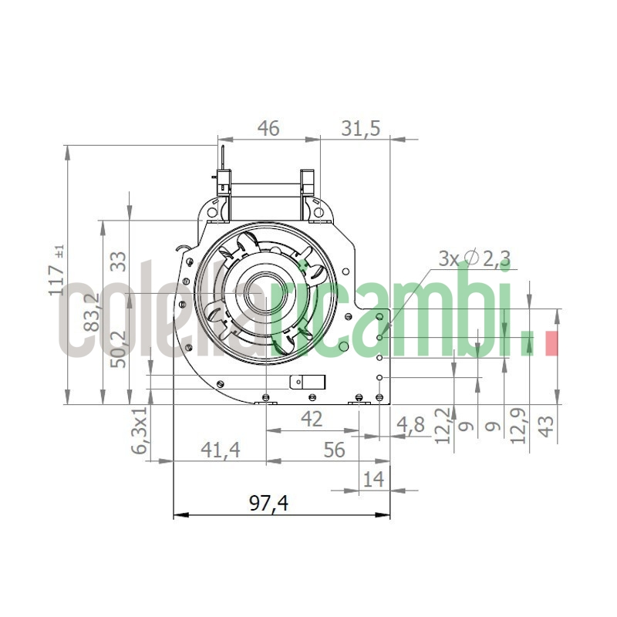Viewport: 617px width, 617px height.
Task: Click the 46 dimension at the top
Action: point(268,129)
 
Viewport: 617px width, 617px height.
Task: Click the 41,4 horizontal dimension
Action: point(220,450)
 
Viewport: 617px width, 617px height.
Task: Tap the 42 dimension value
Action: point(311,420)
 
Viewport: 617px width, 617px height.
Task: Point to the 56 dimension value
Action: point(334,450)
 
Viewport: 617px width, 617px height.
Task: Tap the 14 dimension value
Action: point(373,479)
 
